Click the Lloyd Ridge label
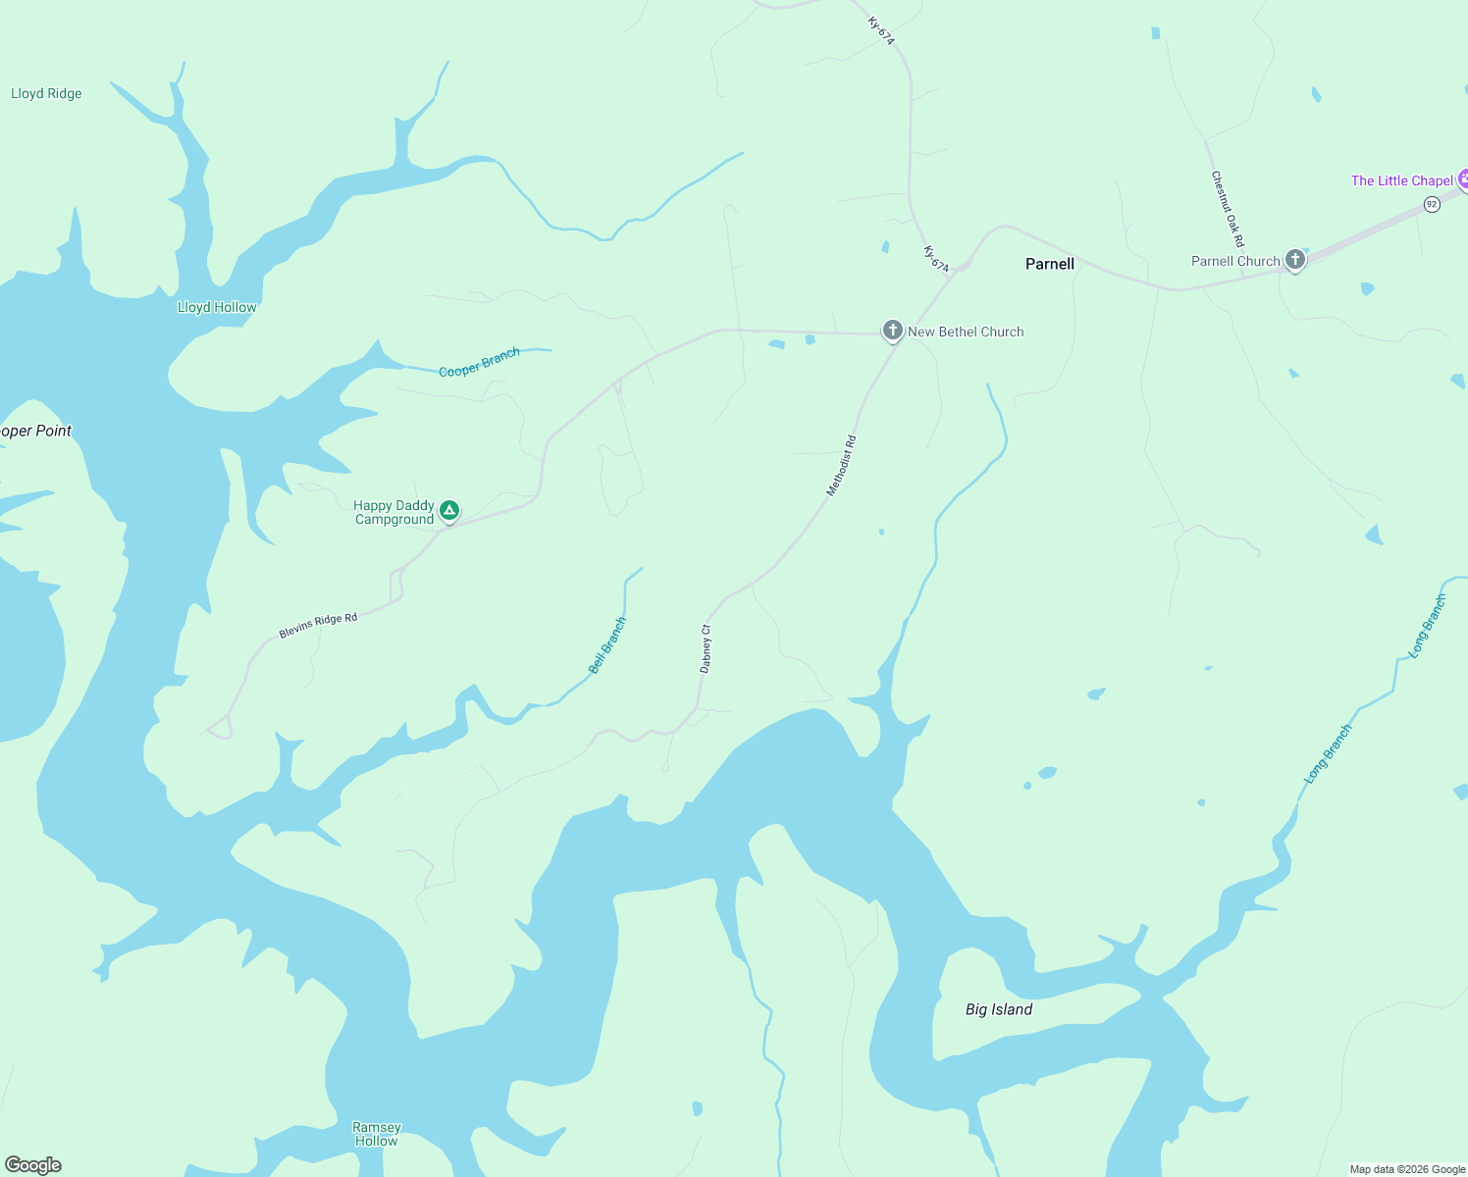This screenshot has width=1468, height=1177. click(x=46, y=94)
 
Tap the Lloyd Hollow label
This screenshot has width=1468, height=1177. click(x=217, y=308)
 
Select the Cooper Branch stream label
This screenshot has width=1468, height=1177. click(x=479, y=362)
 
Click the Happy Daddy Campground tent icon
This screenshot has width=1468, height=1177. click(x=449, y=510)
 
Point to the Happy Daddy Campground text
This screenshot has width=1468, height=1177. click(x=393, y=513)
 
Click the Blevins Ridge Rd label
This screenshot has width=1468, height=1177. click(x=318, y=626)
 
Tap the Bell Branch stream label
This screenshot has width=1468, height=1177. click(x=607, y=645)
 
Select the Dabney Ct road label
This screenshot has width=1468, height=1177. click(x=706, y=648)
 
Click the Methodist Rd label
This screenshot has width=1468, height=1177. click(x=841, y=466)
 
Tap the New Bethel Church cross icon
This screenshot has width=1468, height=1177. click(x=892, y=331)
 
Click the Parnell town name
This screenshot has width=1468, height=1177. click(x=1049, y=264)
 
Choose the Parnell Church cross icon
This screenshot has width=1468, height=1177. click(x=1295, y=260)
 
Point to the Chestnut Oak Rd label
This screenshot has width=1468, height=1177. click(x=1228, y=209)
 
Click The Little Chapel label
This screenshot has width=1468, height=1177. click(x=1401, y=180)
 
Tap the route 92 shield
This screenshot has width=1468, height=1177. click(x=1432, y=204)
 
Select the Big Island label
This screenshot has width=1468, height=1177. click(x=999, y=1009)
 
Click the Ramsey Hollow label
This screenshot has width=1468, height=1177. click(x=377, y=1134)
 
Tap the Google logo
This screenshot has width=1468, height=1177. click(x=33, y=1165)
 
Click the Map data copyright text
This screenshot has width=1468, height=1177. click(x=1407, y=1169)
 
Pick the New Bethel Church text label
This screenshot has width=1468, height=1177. click(x=966, y=333)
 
